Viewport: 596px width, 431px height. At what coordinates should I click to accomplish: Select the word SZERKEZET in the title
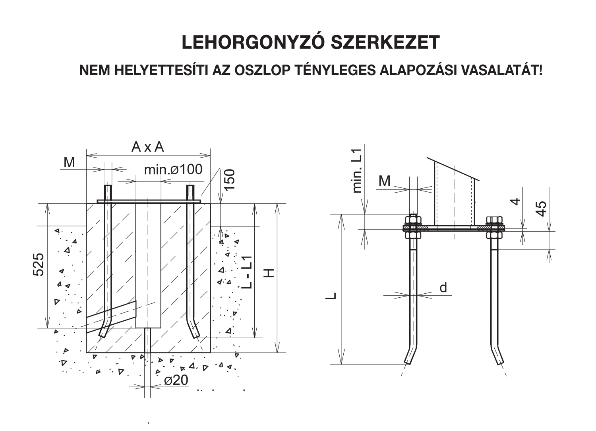click(x=385, y=42)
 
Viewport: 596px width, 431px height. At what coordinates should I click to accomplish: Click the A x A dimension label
click(x=148, y=147)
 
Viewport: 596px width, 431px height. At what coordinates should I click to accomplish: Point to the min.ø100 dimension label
click(x=173, y=170)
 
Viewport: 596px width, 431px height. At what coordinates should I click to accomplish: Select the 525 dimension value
click(x=39, y=264)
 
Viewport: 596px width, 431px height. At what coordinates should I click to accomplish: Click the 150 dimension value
click(x=230, y=179)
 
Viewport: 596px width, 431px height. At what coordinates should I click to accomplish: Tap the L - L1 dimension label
click(x=247, y=272)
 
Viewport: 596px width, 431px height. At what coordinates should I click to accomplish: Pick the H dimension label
click(x=269, y=273)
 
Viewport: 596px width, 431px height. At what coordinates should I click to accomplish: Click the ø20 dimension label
click(x=176, y=380)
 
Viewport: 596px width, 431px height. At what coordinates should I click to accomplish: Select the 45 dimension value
click(x=542, y=209)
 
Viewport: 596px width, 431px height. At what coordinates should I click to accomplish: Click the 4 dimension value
click(x=516, y=201)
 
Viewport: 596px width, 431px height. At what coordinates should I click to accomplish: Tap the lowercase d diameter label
click(x=443, y=288)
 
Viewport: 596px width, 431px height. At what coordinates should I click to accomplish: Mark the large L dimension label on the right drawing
click(x=331, y=296)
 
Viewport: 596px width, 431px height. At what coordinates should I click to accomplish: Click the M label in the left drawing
click(x=70, y=162)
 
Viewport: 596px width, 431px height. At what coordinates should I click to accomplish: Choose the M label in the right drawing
click(x=385, y=181)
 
